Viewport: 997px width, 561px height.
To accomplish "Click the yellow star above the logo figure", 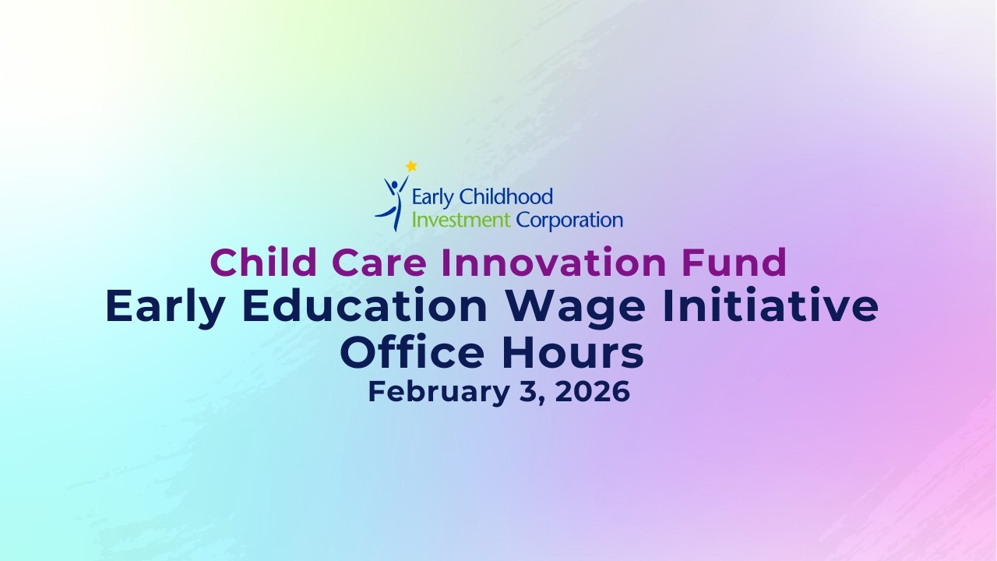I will pos(411,166).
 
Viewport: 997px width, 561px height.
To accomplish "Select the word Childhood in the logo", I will pos(506,197).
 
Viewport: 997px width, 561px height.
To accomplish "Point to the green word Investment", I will pos(460,220).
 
